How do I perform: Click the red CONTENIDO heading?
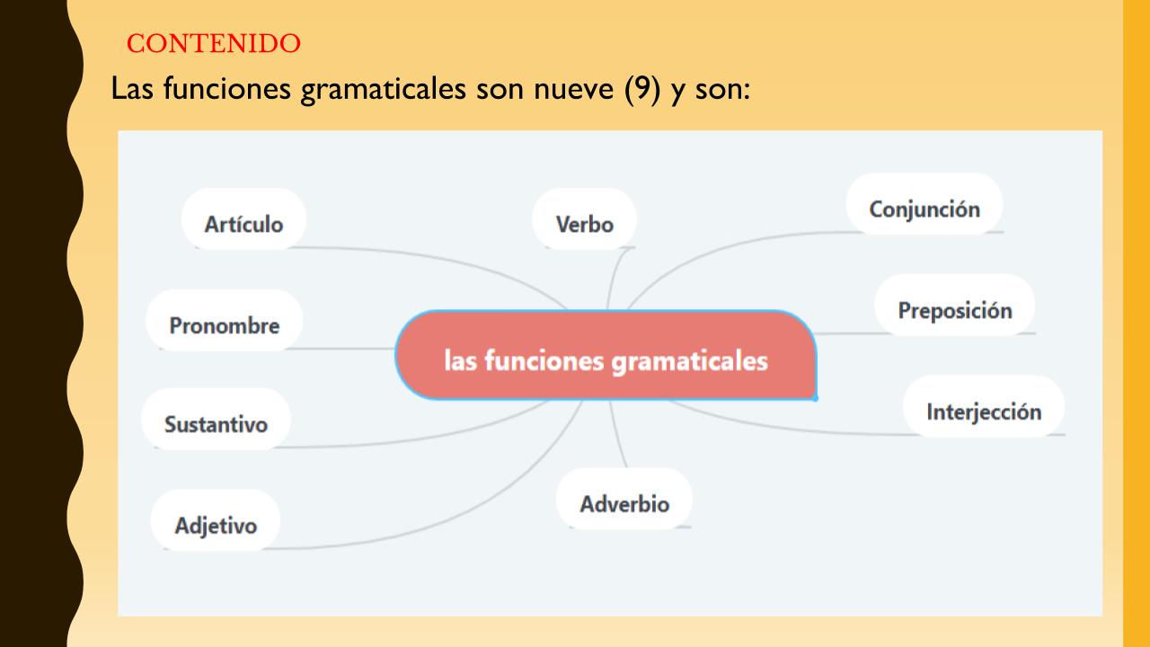(x=214, y=43)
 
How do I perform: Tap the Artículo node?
(x=243, y=219)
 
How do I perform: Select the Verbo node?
(x=584, y=219)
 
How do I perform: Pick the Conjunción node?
(x=924, y=204)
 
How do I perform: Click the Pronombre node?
(x=225, y=321)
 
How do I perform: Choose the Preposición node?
(x=955, y=305)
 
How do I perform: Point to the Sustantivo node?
(x=217, y=420)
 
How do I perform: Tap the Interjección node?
(x=984, y=407)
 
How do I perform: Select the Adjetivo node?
(x=216, y=520)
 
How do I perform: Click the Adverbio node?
(x=624, y=499)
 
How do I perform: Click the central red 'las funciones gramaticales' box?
(x=606, y=355)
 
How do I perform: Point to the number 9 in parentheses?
(x=641, y=88)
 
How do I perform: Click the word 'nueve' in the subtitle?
(x=573, y=89)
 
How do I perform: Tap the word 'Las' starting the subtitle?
(x=132, y=88)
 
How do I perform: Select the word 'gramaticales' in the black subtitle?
(x=383, y=89)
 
